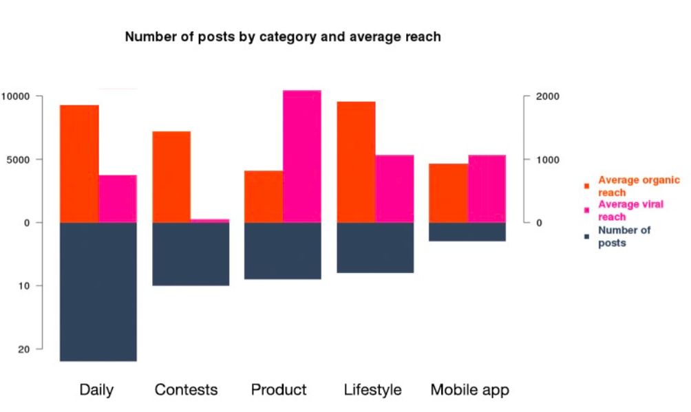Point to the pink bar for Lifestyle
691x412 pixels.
pos(394,188)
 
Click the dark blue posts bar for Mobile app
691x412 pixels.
pos(468,231)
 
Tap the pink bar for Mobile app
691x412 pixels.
pos(487,188)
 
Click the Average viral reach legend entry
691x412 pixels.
pos(630,210)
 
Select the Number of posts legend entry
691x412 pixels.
pos(624,236)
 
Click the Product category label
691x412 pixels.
pos(279,390)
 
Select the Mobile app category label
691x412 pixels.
pos(469,390)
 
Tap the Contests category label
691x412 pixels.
pos(186,390)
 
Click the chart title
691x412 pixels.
pos(283,36)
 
